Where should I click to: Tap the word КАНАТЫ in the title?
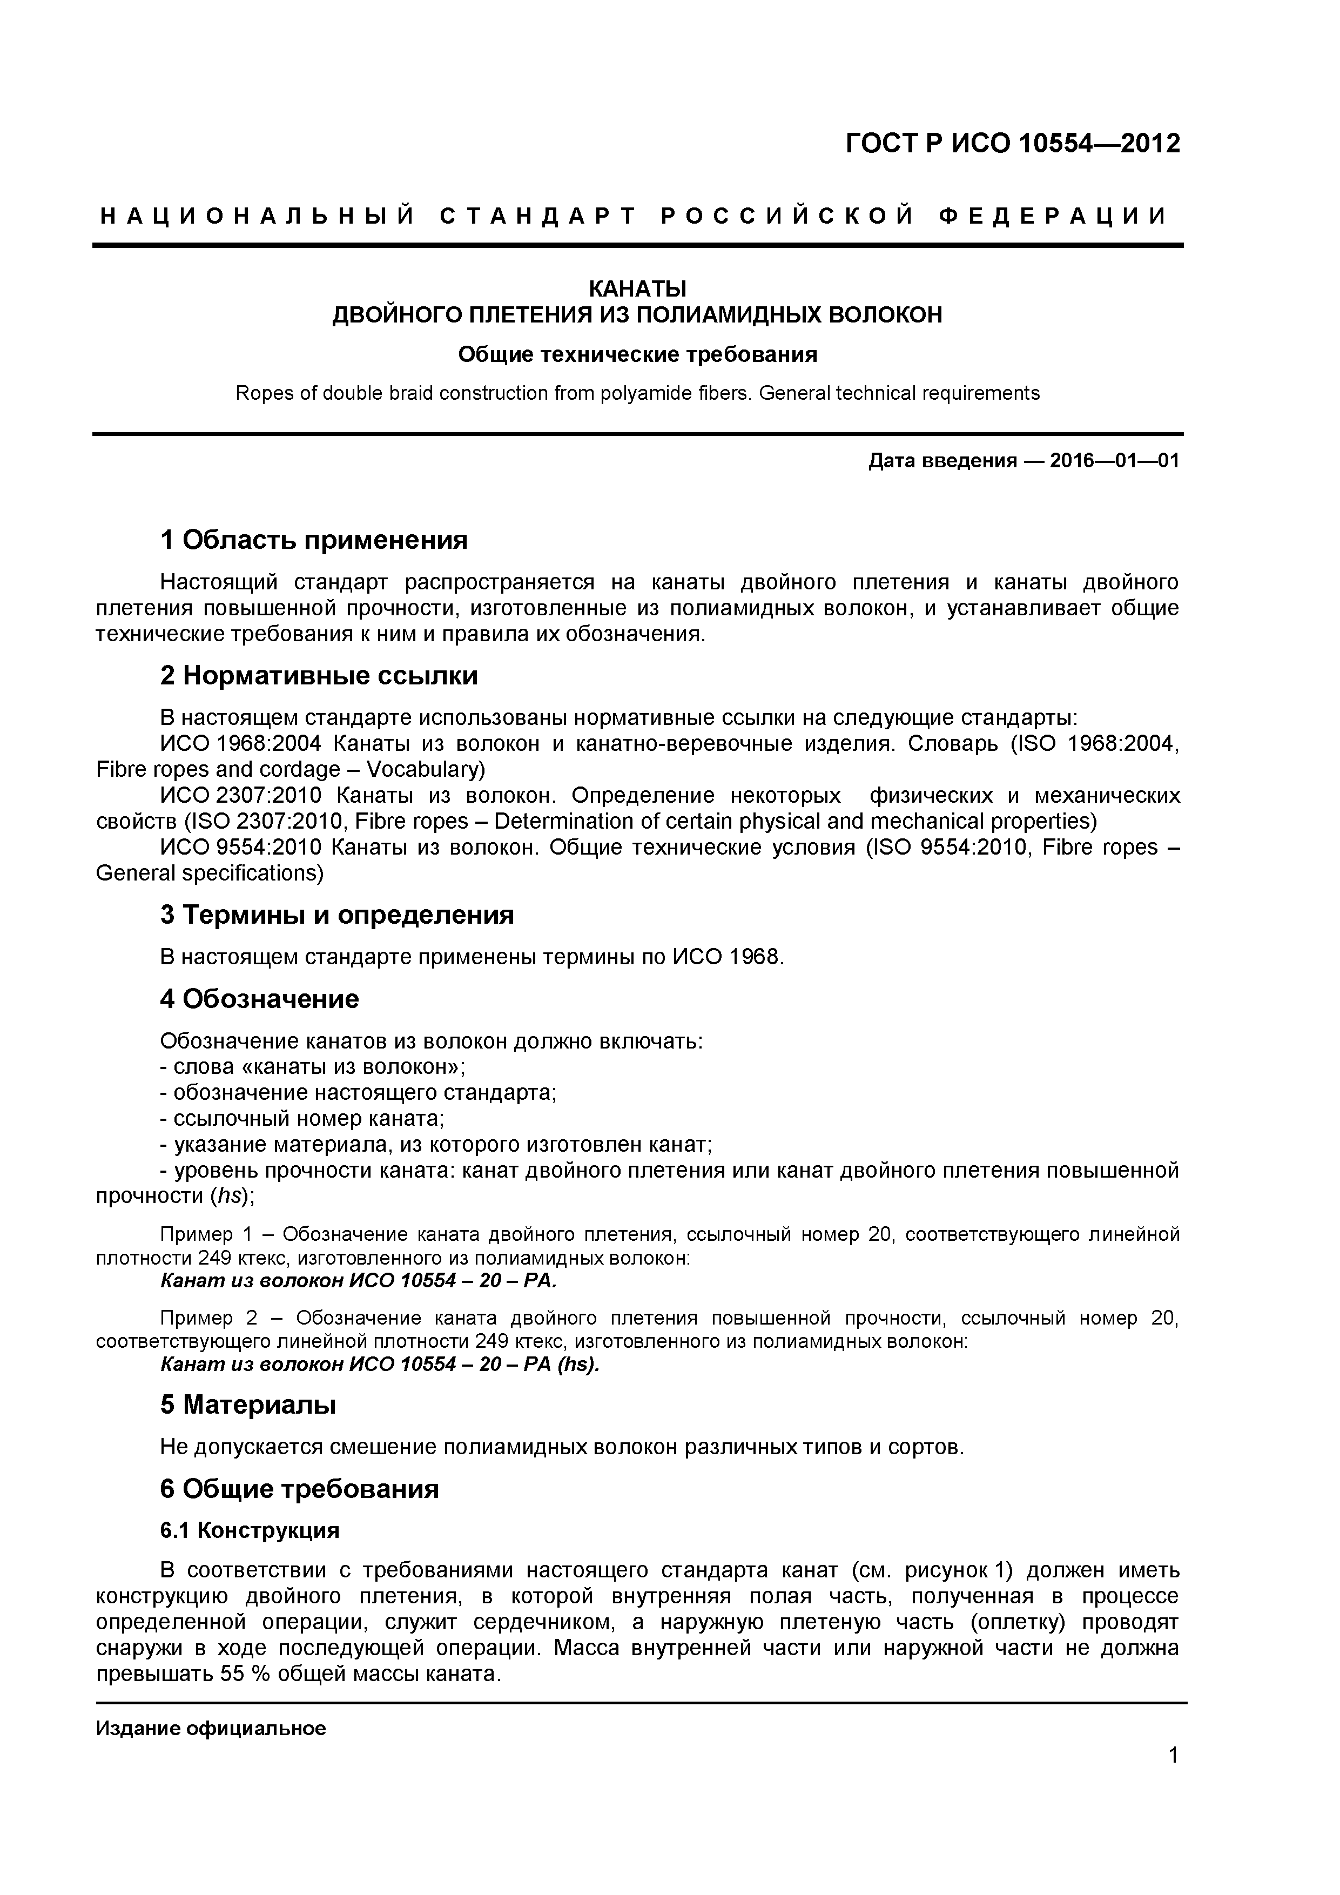pos(636,289)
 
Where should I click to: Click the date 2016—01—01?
pos(1114,461)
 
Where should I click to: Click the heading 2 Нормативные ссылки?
pos(319,676)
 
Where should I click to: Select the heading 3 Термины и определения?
pos(336,915)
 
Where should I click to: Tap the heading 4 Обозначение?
pos(259,999)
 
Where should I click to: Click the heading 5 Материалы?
pos(247,1405)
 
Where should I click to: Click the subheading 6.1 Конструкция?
pos(249,1531)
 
